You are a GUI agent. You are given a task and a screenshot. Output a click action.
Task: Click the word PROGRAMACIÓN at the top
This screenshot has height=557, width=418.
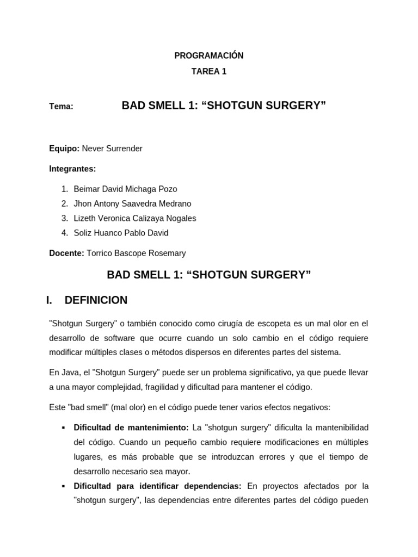pyautogui.click(x=209, y=55)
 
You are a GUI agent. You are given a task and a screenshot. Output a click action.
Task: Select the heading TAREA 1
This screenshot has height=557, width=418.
pyautogui.click(x=209, y=71)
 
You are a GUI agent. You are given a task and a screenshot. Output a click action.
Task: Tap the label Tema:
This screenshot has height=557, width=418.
pyautogui.click(x=61, y=107)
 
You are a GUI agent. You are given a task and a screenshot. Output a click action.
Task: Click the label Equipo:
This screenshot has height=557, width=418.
pyautogui.click(x=64, y=148)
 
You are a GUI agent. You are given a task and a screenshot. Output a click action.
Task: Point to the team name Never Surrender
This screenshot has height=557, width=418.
pyautogui.click(x=112, y=148)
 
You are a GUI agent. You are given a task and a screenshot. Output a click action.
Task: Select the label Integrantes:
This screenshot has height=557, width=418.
pyautogui.click(x=72, y=169)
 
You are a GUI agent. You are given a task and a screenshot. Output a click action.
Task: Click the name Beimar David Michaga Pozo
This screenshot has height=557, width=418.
pyautogui.click(x=125, y=189)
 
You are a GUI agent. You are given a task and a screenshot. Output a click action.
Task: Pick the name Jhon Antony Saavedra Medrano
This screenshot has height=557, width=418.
pyautogui.click(x=132, y=203)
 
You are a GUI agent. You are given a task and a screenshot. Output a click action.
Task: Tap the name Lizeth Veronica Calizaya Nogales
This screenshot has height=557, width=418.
pyautogui.click(x=135, y=218)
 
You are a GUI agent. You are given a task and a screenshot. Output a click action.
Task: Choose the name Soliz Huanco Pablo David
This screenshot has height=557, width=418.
pyautogui.click(x=121, y=233)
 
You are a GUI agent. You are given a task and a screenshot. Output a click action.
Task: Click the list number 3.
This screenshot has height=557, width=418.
pyautogui.click(x=64, y=218)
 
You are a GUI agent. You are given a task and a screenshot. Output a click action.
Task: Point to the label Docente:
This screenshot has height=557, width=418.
pyautogui.click(x=66, y=253)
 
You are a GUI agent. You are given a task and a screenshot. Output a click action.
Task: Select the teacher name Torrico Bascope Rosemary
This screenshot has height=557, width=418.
pyautogui.click(x=136, y=253)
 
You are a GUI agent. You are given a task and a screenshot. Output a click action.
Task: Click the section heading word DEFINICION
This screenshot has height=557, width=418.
pyautogui.click(x=96, y=300)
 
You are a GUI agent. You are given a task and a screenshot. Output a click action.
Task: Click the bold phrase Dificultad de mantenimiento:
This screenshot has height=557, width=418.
pyautogui.click(x=131, y=428)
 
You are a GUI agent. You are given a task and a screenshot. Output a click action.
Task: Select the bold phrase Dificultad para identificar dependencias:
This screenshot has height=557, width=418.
pyautogui.click(x=157, y=486)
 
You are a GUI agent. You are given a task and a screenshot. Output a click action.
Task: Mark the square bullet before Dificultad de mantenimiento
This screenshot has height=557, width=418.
pyautogui.click(x=64, y=428)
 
